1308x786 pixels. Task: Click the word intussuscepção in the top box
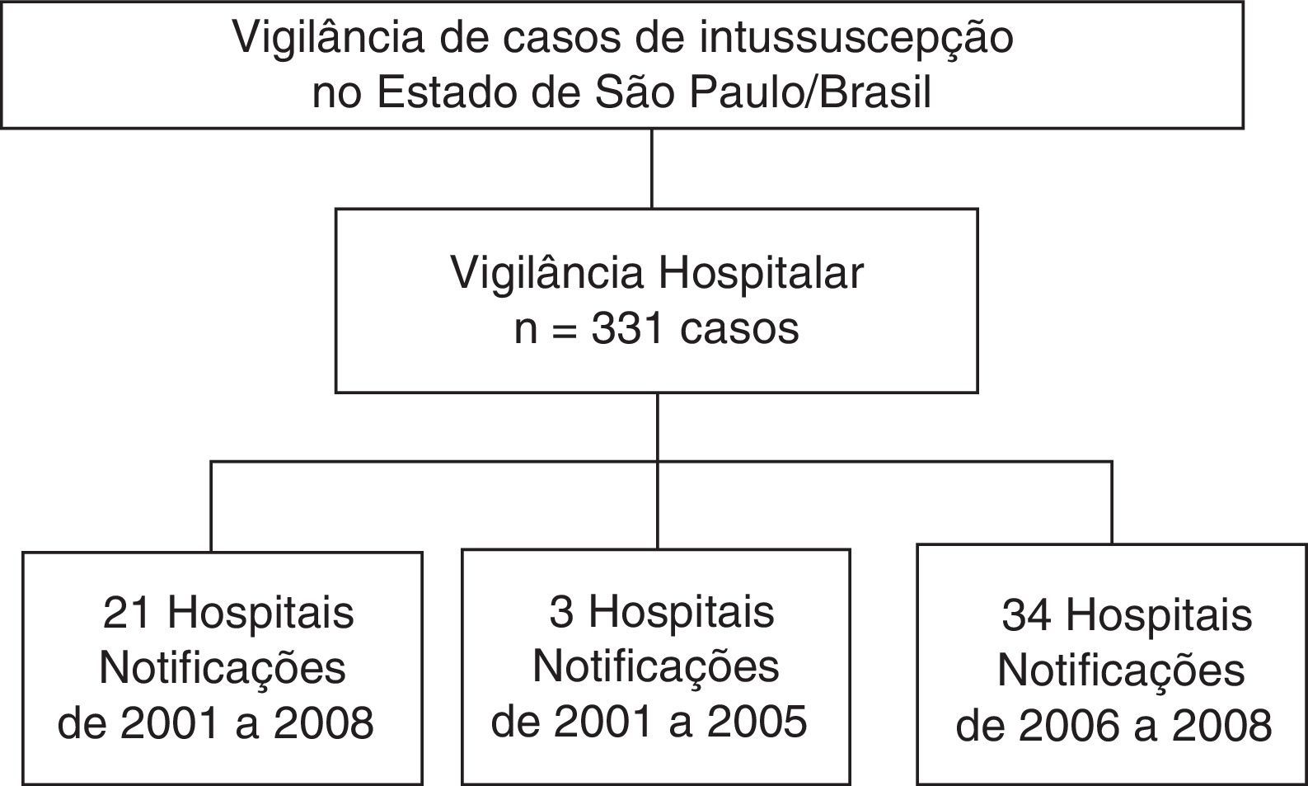(x=856, y=39)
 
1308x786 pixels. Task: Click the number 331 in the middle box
(x=627, y=328)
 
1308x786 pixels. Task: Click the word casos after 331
(x=739, y=328)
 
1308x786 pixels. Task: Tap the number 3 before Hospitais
(x=562, y=612)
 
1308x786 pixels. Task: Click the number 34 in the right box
(x=1026, y=615)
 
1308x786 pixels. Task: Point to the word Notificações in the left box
(x=223, y=668)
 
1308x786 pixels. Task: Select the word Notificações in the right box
(x=1121, y=671)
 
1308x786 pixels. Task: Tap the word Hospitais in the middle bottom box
(x=681, y=612)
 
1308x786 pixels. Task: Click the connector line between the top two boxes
(x=651, y=168)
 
